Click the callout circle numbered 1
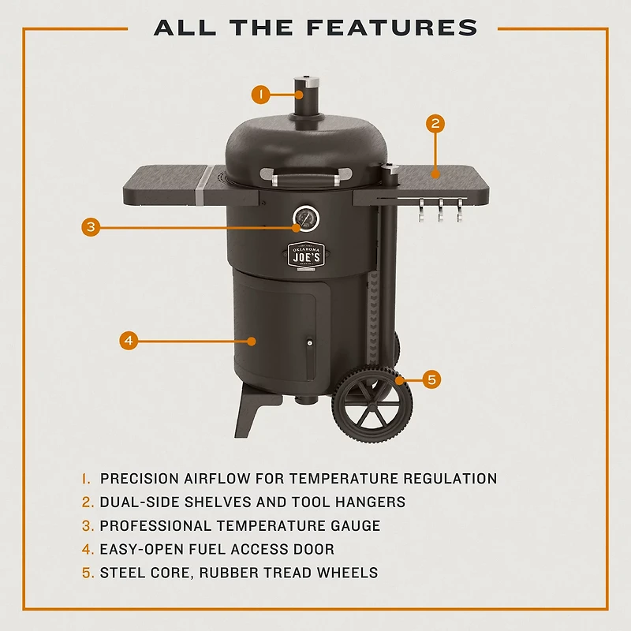[x=261, y=95]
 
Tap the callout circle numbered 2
[x=435, y=123]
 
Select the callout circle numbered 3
[x=91, y=227]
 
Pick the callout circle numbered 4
[x=129, y=341]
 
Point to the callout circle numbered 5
[x=431, y=379]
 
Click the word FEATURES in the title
[x=392, y=28]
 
